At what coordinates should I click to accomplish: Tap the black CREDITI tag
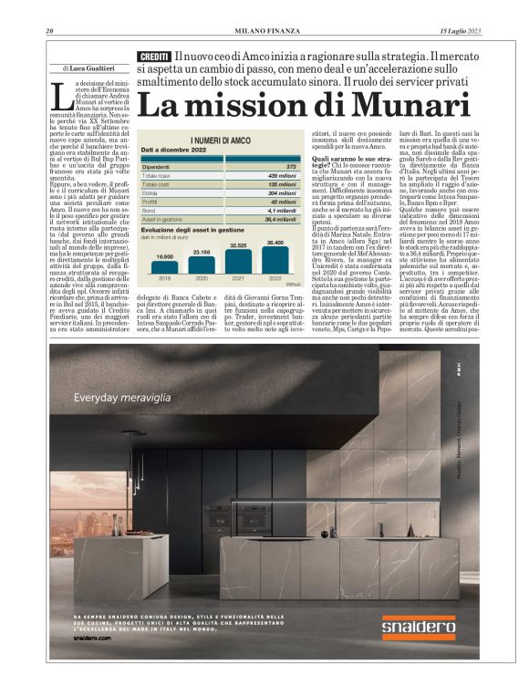pyautogui.click(x=155, y=57)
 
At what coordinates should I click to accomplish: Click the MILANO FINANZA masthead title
pyautogui.click(x=264, y=33)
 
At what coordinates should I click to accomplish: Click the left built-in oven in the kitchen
pyautogui.click(x=218, y=517)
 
